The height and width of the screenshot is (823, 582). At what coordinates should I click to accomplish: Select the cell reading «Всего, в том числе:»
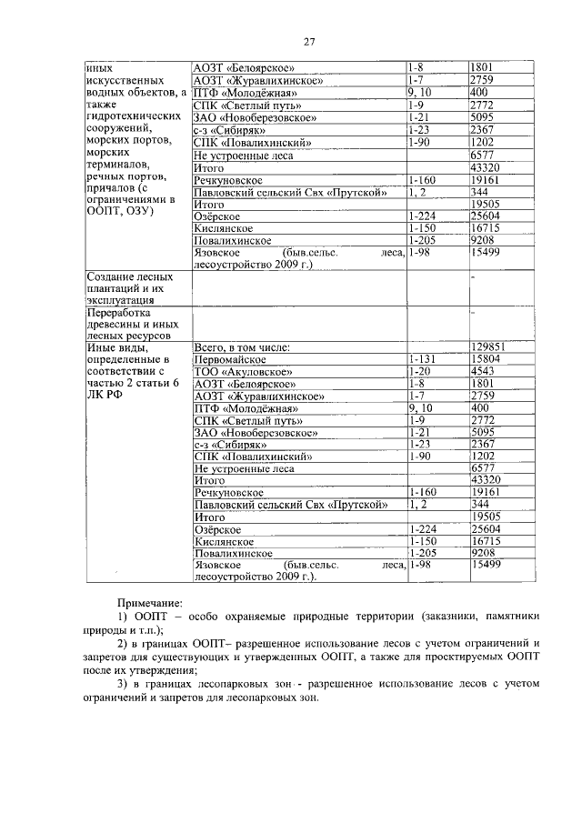(242, 347)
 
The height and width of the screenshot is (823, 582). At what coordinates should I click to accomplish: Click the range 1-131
(423, 359)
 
